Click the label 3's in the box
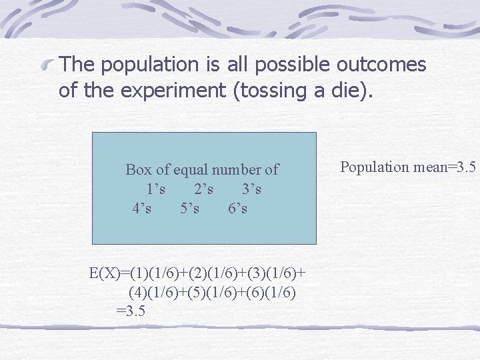(x=251, y=189)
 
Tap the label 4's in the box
(x=141, y=209)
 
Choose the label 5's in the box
(x=189, y=209)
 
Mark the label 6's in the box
(x=237, y=209)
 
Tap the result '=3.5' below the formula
(x=131, y=311)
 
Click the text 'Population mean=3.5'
(x=408, y=167)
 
